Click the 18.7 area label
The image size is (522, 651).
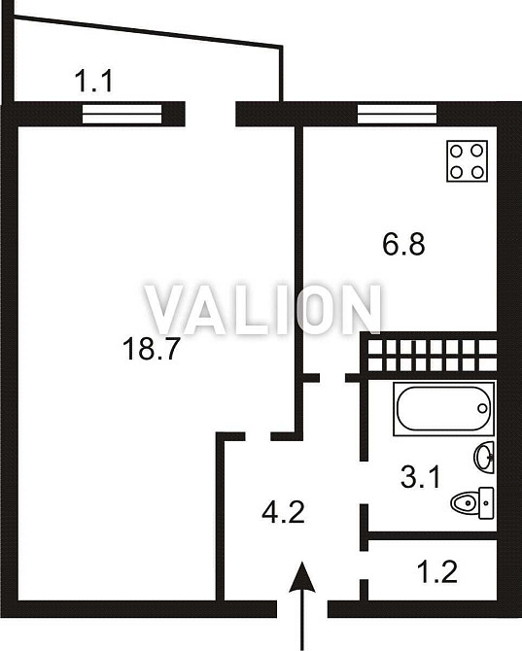[x=151, y=349]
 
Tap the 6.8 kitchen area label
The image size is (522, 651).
[x=403, y=244]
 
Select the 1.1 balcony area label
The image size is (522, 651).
[x=94, y=82]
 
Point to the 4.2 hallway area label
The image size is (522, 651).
[x=284, y=512]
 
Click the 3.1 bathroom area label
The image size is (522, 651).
[x=420, y=477]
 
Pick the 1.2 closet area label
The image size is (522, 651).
[x=437, y=571]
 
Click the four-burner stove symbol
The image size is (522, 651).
[x=467, y=161]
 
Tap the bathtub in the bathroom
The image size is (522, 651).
[x=443, y=409]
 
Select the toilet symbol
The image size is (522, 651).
[x=472, y=503]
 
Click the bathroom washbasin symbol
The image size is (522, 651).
[x=484, y=457]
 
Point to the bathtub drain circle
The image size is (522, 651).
[x=482, y=408]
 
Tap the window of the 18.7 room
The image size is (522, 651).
[x=122, y=115]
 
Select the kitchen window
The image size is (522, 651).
[x=397, y=115]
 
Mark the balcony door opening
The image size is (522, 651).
[x=210, y=114]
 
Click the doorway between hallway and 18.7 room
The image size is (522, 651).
[x=258, y=436]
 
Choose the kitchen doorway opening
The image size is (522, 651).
[x=332, y=378]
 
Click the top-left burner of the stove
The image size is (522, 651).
[x=457, y=151]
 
